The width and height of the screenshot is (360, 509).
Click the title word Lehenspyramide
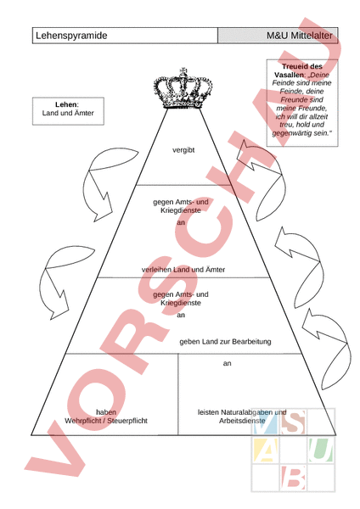point(71,36)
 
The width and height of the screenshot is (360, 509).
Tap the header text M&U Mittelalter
point(299,36)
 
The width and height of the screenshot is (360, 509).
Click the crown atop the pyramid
point(183,88)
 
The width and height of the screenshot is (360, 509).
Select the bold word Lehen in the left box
point(66,104)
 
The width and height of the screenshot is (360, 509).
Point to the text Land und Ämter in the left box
point(68,113)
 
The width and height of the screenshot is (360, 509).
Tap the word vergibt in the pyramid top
point(183,150)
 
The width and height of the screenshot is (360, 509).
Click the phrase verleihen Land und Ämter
point(183,270)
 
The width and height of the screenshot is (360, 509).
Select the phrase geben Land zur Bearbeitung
point(225,342)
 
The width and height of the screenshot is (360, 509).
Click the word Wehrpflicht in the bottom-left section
point(82,421)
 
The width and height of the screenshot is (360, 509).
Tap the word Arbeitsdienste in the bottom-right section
point(242,421)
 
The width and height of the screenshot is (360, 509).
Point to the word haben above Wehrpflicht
point(106,412)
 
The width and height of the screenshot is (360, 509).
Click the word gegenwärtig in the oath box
point(292,133)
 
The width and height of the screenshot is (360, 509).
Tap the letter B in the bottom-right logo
point(293,478)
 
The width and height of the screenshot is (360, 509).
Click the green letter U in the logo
point(321,450)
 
